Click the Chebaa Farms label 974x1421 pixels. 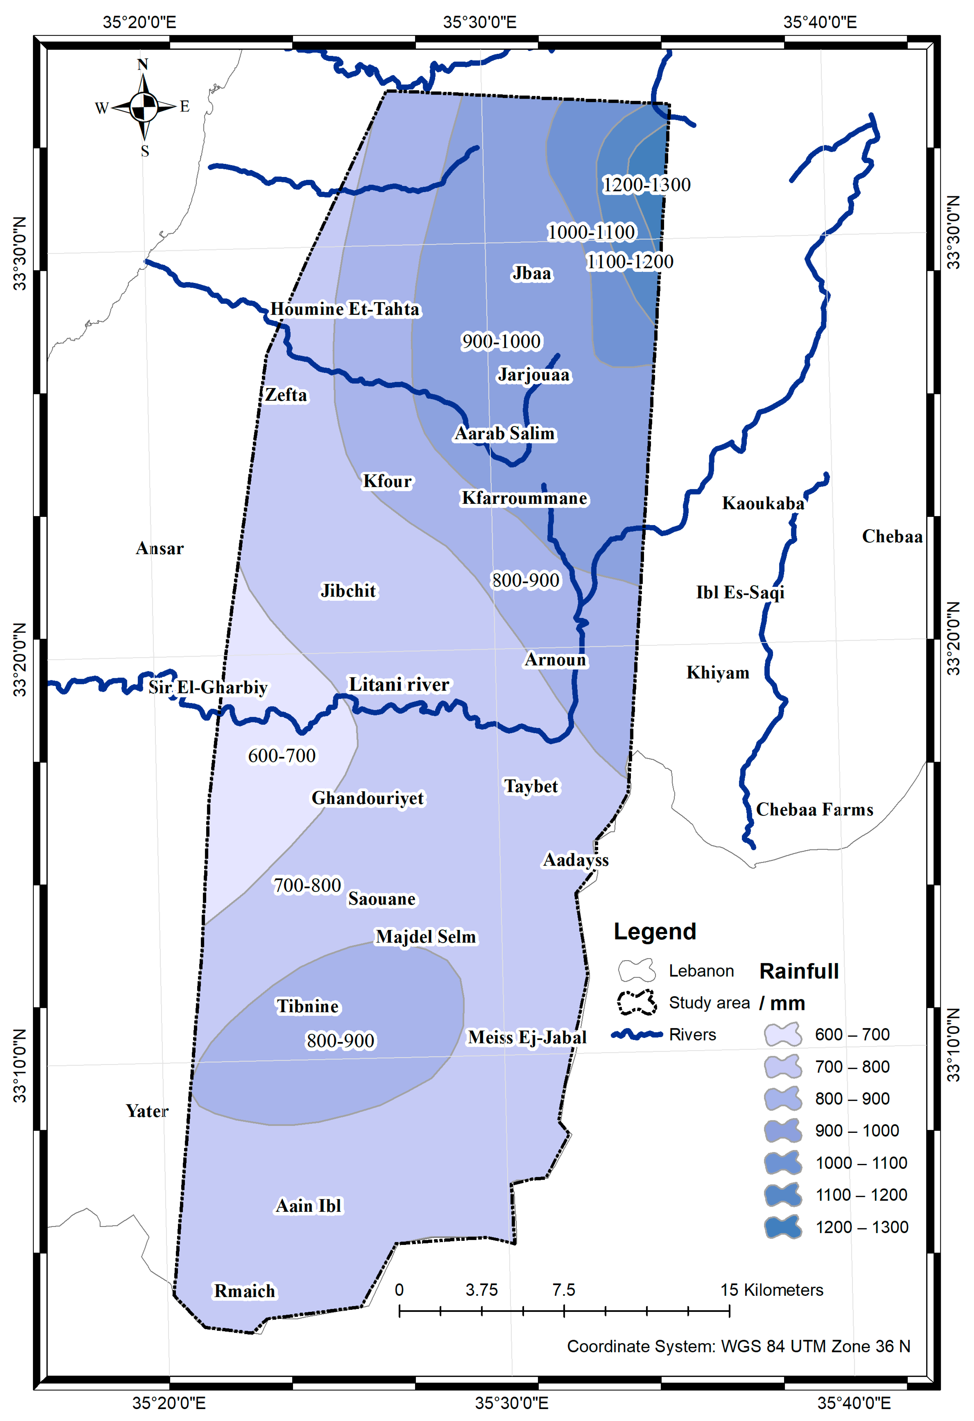(x=814, y=809)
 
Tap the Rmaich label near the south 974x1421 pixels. (x=244, y=1291)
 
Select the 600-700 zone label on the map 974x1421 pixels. (x=281, y=756)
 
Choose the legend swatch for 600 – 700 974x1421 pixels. (x=783, y=1034)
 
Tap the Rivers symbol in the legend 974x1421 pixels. (x=637, y=1034)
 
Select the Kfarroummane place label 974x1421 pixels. (x=524, y=498)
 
